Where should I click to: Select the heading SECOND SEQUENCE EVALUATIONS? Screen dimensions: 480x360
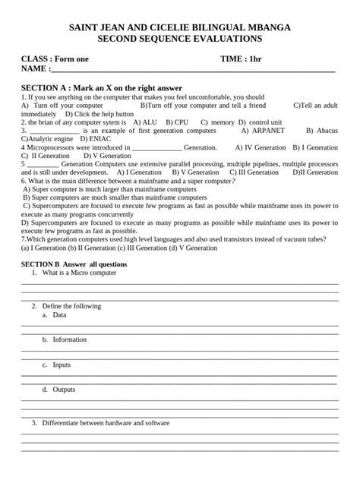[180, 38]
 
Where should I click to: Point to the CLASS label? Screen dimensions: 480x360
[36, 58]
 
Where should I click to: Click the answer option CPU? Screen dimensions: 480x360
[181, 122]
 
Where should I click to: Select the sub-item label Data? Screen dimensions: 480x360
[59, 314]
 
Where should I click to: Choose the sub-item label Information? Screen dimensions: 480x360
[70, 339]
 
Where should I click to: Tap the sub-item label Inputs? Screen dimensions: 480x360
[62, 365]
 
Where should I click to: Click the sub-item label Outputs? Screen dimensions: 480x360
[64, 390]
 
